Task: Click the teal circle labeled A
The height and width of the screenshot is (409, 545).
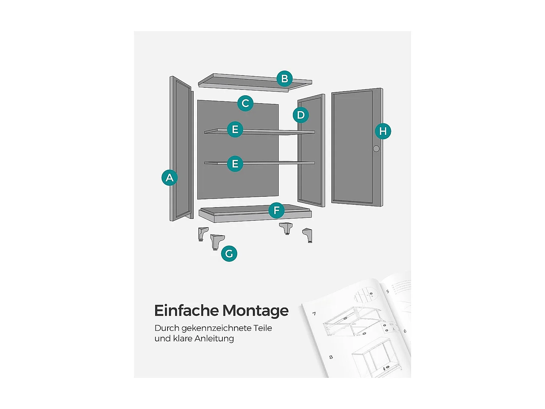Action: click(x=169, y=178)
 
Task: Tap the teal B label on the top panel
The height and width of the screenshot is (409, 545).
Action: click(x=284, y=79)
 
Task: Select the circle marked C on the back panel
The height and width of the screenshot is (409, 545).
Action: click(x=245, y=103)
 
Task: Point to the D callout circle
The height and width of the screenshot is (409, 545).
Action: click(x=301, y=115)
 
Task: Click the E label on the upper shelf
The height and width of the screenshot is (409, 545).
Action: click(x=235, y=129)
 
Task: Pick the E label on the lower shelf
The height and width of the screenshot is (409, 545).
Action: click(x=235, y=164)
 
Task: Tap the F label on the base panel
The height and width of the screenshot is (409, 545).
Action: click(x=276, y=210)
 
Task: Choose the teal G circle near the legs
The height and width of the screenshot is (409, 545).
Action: click(x=229, y=253)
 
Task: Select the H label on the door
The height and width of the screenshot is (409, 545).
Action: click(x=383, y=131)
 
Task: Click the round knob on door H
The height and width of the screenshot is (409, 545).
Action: click(x=376, y=149)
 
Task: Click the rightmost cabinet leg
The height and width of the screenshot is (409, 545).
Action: click(x=308, y=235)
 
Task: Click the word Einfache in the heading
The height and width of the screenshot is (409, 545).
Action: click(x=186, y=311)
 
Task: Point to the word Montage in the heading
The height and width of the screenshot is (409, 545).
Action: click(x=255, y=311)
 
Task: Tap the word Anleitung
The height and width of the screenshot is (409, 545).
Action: click(x=214, y=339)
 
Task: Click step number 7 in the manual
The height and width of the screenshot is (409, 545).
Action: click(x=314, y=313)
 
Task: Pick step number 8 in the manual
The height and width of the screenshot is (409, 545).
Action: click(x=331, y=357)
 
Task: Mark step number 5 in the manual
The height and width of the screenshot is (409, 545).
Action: click(x=388, y=292)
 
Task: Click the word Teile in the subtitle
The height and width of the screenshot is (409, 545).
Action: click(x=263, y=328)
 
